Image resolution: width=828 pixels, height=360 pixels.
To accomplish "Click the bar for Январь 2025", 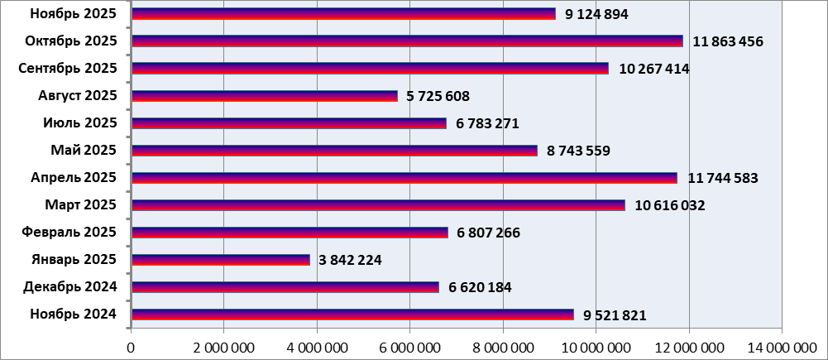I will click(x=220, y=260).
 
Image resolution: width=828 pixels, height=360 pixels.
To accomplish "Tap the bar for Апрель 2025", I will click(x=404, y=178).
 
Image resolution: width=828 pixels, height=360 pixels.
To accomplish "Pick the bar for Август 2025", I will click(x=264, y=96).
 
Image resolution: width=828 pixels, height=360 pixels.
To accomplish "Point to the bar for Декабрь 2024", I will click(x=285, y=287).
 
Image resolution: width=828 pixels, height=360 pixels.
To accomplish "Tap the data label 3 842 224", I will click(x=347, y=260).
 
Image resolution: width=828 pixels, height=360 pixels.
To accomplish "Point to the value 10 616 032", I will click(x=669, y=205).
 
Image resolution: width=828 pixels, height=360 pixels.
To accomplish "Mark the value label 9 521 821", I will click(x=615, y=315).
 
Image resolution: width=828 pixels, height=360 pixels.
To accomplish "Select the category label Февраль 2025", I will click(x=72, y=233).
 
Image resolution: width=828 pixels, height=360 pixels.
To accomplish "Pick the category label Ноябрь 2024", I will click(x=74, y=314).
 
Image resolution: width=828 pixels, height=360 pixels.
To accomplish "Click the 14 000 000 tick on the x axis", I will click(x=780, y=345).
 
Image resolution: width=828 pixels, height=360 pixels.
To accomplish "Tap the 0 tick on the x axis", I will click(x=131, y=345).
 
